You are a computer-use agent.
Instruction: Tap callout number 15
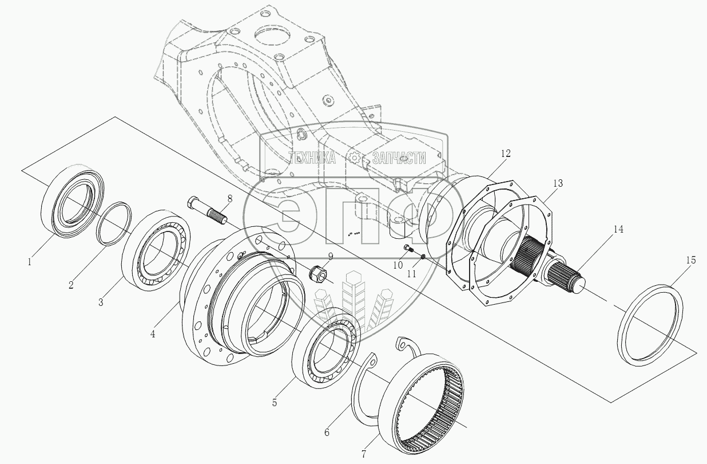click(690, 260)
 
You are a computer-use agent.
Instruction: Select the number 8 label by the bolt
click(229, 199)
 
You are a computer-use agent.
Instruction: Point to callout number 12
click(505, 154)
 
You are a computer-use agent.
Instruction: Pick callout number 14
click(618, 229)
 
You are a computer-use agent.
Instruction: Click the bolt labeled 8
click(206, 210)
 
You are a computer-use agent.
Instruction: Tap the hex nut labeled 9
click(317, 274)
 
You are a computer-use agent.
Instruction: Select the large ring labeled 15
click(652, 325)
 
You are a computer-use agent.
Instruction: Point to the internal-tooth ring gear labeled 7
click(424, 401)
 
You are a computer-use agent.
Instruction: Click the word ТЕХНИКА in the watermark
click(312, 159)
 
